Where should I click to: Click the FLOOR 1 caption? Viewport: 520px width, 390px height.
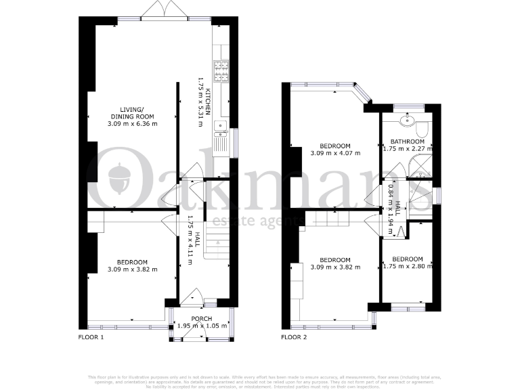(91, 337)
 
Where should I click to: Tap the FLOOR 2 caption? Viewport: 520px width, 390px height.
(295, 337)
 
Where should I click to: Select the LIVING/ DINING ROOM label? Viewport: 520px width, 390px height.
(131, 113)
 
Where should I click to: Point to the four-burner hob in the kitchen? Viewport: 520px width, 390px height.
(221, 70)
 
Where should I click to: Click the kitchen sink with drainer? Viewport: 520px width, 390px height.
(221, 139)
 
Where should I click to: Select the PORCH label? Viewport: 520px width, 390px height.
(202, 318)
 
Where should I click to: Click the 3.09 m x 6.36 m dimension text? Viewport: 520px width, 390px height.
(131, 124)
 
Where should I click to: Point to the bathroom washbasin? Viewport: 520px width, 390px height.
(407, 121)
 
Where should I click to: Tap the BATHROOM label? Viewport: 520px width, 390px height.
(406, 142)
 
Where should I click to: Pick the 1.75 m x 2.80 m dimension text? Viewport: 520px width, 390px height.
(407, 266)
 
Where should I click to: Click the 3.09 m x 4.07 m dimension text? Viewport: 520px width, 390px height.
(334, 153)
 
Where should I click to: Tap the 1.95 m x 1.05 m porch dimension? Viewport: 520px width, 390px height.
(202, 326)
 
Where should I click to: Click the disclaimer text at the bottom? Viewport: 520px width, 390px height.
(260, 380)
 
